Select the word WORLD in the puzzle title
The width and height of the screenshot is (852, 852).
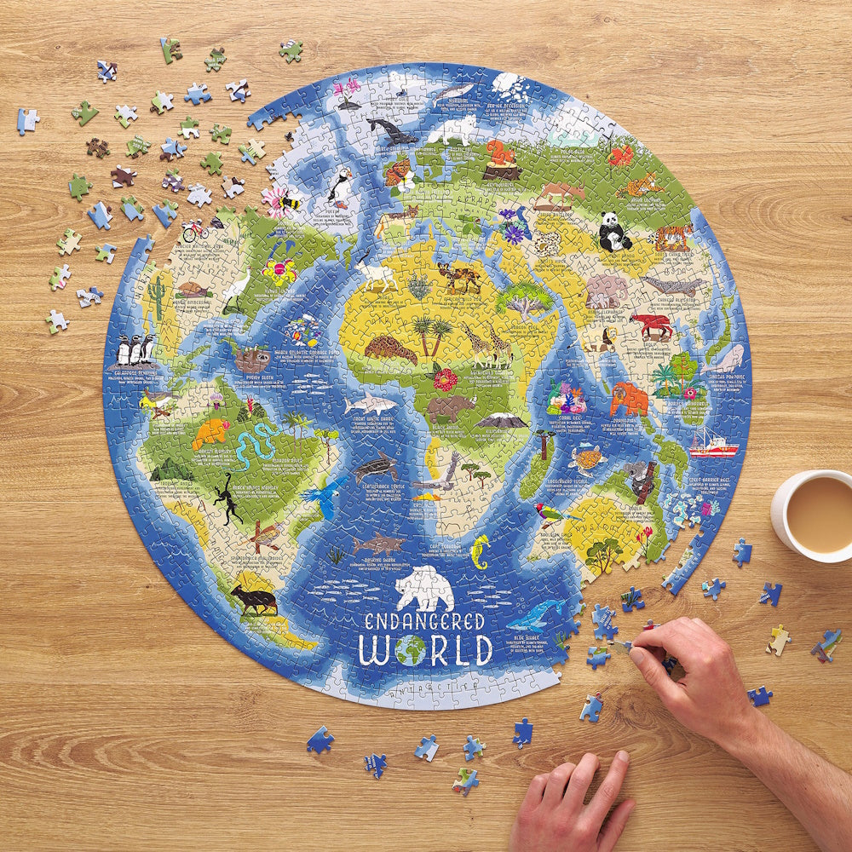pos(425,649)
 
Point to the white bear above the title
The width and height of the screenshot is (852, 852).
pos(424,589)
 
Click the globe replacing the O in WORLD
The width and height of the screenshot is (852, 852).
pos(410,650)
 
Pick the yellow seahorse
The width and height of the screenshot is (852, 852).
pos(481,551)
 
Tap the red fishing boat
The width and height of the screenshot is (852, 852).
pos(711,445)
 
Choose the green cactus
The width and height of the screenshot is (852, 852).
pos(157,295)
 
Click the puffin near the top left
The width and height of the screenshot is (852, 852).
pos(342,187)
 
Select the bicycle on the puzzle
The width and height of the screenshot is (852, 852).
pos(195,230)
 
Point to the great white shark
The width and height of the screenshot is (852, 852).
pos(370,404)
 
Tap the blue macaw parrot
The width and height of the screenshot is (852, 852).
pos(323,498)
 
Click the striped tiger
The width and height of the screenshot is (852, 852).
pos(672,236)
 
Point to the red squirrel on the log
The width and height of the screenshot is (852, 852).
pos(500,156)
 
